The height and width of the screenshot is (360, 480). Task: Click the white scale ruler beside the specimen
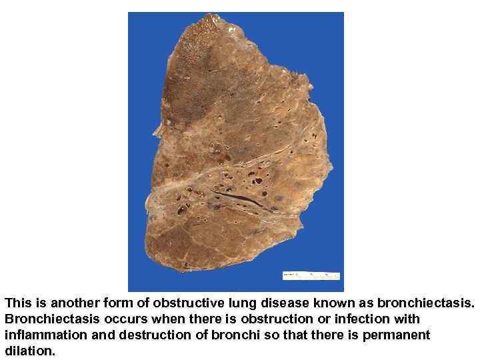pos(311,275)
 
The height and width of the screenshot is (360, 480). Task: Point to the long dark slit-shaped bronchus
pos(240,199)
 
